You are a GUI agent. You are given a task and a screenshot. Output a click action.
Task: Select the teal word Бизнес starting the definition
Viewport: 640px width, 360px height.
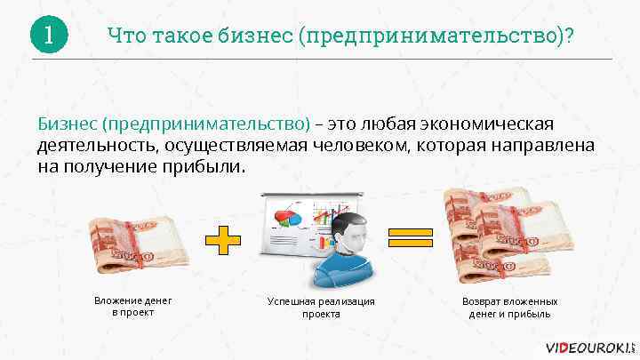coord(66,121)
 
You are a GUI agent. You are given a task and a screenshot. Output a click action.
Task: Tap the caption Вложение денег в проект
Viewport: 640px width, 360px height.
coord(133,307)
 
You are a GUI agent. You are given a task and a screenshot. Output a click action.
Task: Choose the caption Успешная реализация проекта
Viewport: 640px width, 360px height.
coord(321,308)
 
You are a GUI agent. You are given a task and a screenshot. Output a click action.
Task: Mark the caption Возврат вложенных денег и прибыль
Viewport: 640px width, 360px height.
coord(509,308)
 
